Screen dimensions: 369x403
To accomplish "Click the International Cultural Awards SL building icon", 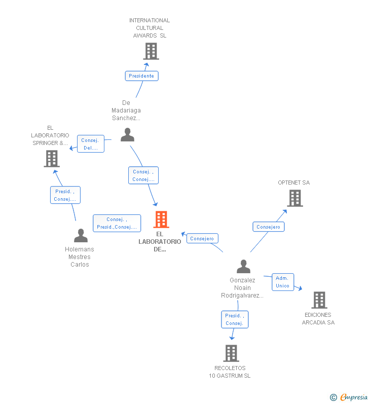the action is click(x=151, y=51).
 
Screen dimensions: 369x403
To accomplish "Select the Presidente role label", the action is click(x=141, y=76).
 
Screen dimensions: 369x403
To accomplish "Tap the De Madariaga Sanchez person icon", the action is click(x=127, y=135).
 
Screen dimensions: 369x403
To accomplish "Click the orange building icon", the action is click(x=161, y=219).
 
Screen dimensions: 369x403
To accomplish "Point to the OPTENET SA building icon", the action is click(x=294, y=198).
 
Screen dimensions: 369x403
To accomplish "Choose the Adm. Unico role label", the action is click(x=282, y=282).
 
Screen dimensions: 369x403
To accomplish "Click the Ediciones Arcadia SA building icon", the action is click(x=319, y=300).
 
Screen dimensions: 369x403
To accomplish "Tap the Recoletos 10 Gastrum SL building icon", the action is click(x=231, y=353).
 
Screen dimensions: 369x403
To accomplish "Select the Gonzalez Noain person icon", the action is click(x=243, y=267).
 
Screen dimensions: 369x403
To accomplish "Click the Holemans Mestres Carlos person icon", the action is click(x=81, y=236).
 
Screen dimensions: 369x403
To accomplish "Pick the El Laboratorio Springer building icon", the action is click(x=51, y=159).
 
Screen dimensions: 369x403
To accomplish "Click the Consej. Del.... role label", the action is click(x=91, y=144).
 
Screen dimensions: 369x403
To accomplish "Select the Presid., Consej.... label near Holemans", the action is click(x=65, y=195).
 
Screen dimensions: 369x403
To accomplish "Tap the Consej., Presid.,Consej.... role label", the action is click(x=117, y=224).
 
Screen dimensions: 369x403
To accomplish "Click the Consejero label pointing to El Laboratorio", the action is click(x=202, y=238).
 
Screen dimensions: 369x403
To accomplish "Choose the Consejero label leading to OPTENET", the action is click(x=268, y=227).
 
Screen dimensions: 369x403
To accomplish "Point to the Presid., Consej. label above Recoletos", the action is click(x=235, y=319).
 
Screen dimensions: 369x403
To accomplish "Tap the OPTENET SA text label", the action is click(x=293, y=182).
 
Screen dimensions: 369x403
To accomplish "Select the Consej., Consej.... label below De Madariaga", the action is click(x=143, y=175).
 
